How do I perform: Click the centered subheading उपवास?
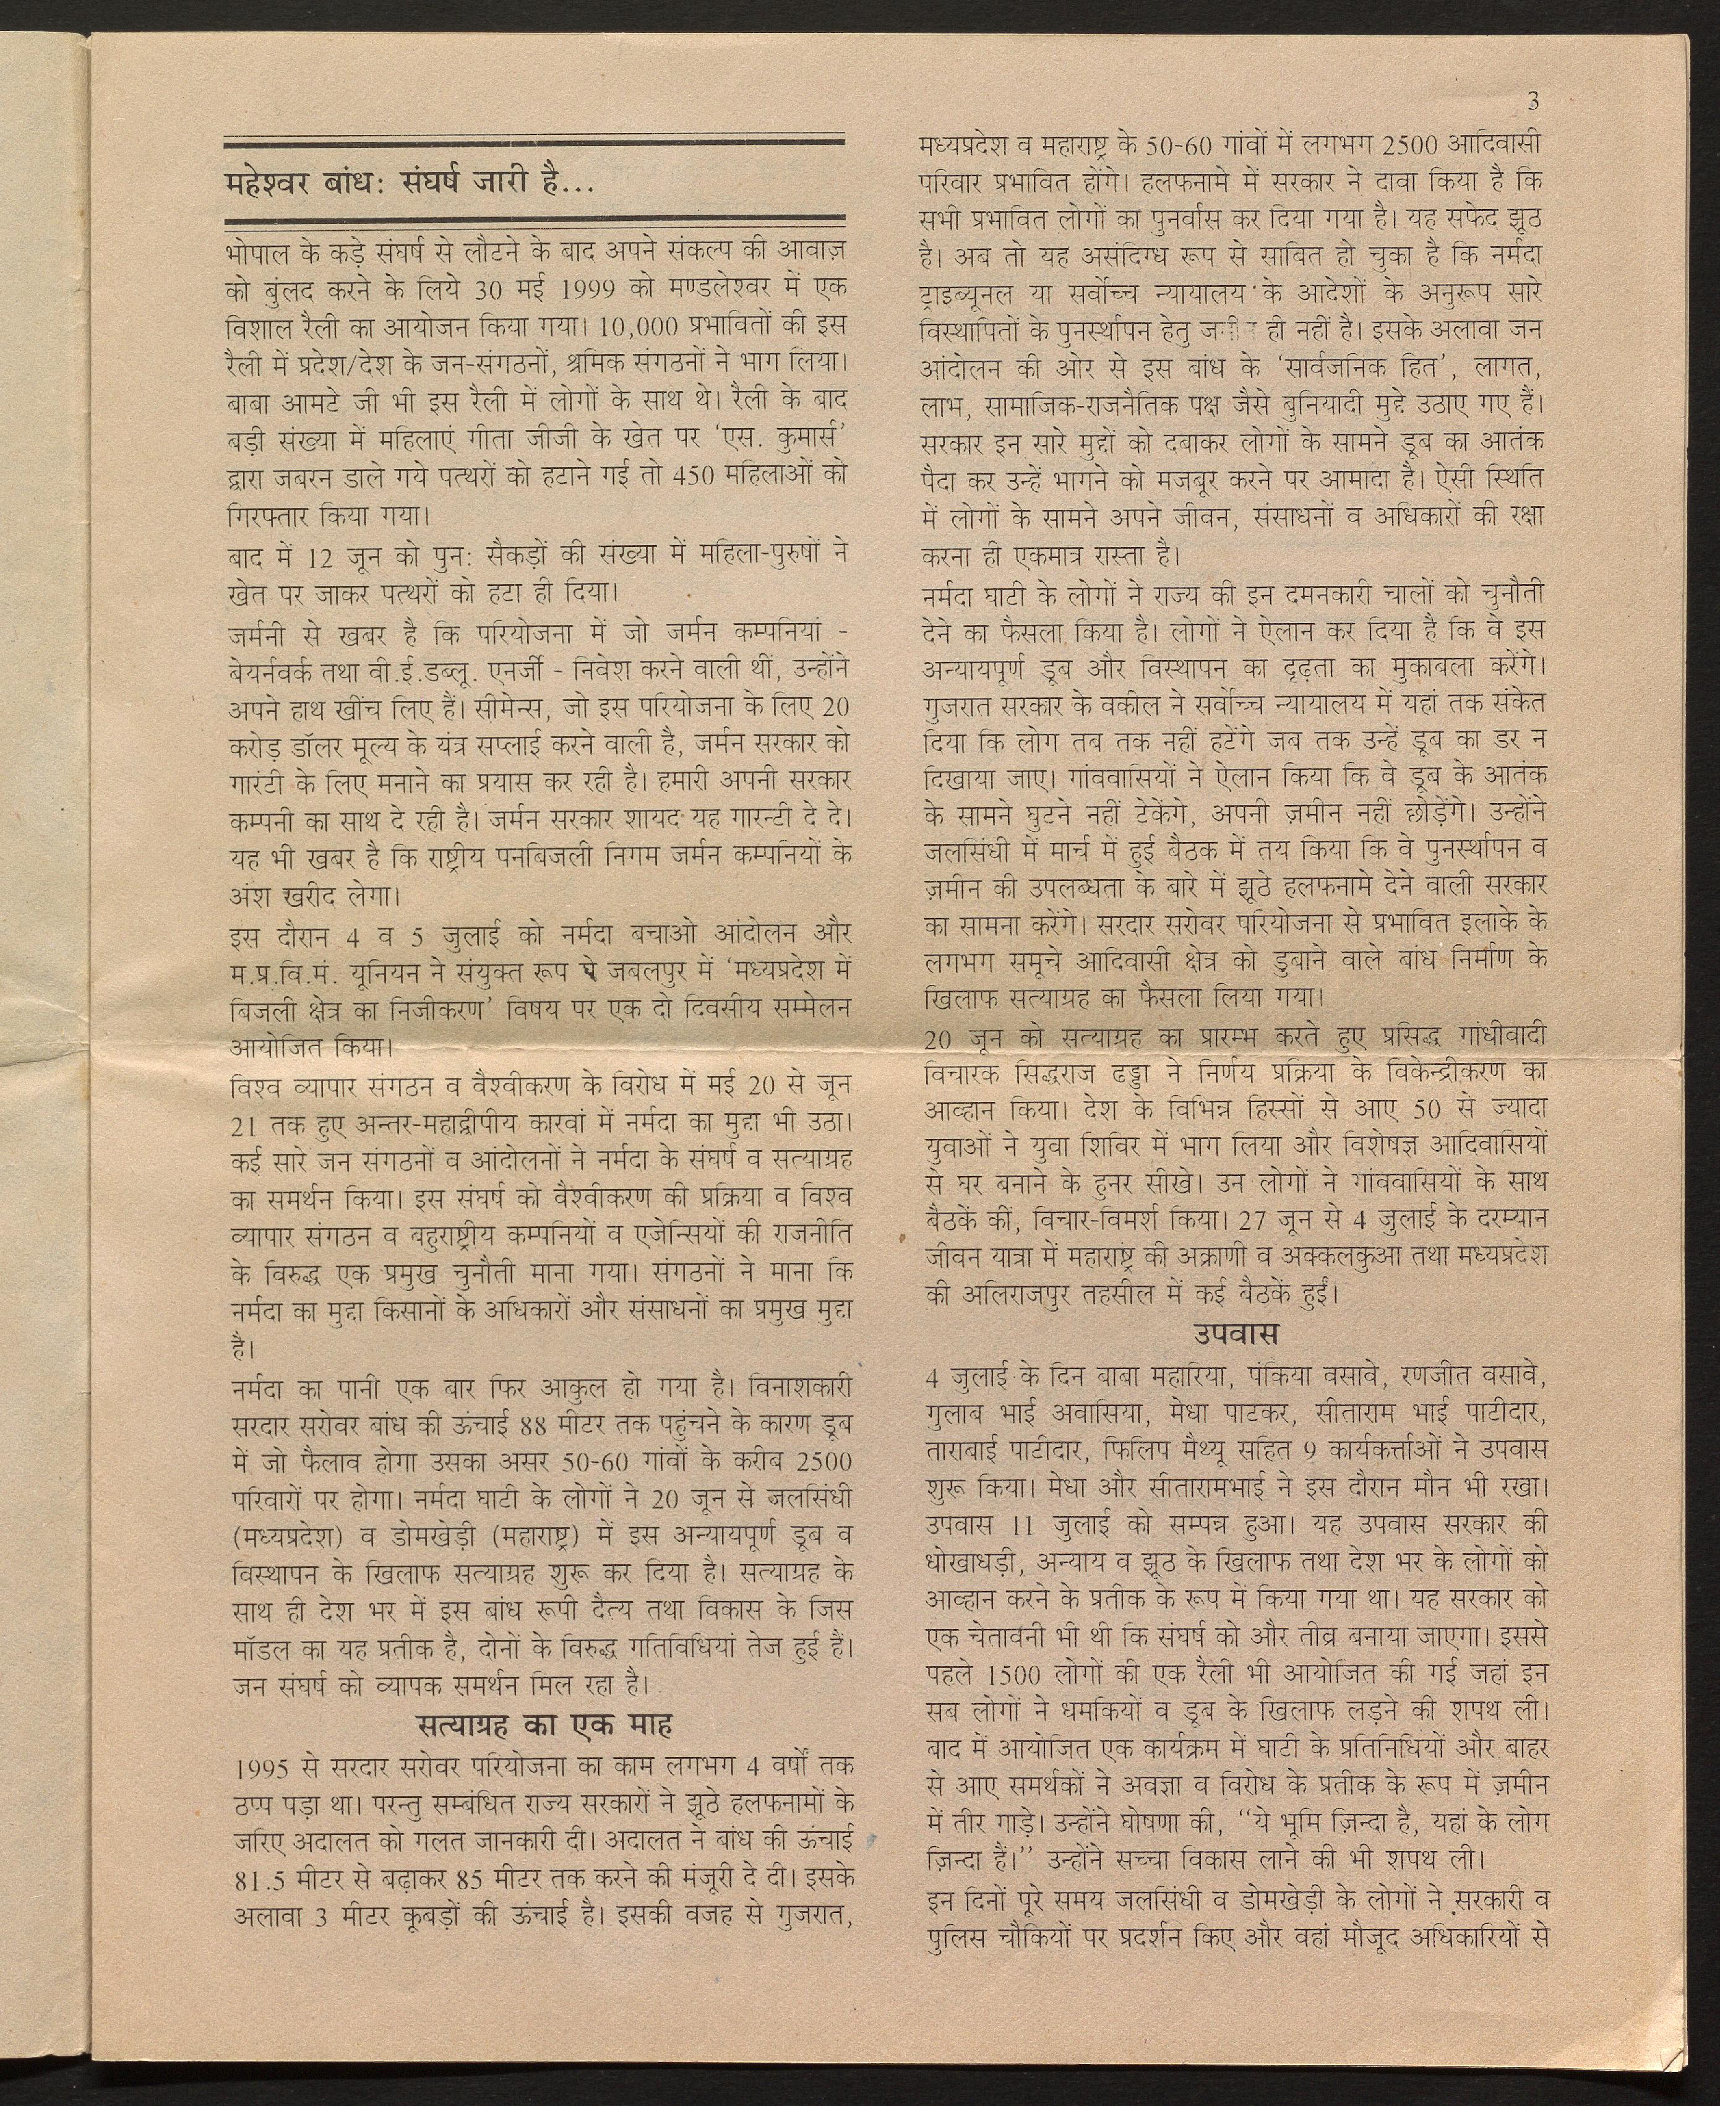tap(1234, 1333)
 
